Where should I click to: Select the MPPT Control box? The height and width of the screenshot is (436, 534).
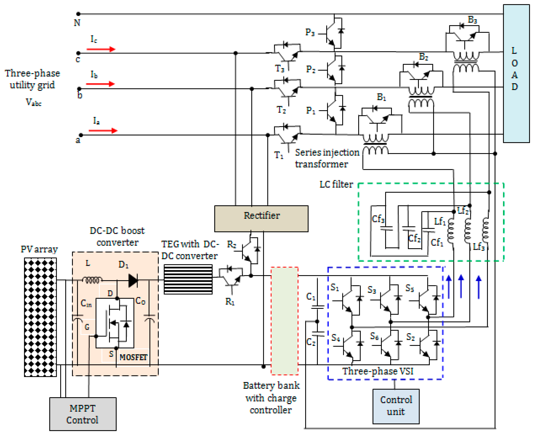pos(83,414)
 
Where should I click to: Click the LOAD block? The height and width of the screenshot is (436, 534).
pos(516,73)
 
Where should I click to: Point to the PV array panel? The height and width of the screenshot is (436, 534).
pos(40,317)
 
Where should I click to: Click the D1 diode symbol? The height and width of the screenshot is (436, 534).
pos(133,280)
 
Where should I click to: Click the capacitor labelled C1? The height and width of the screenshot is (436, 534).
pos(317,307)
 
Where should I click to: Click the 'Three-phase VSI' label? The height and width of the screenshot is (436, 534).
pos(378,371)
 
